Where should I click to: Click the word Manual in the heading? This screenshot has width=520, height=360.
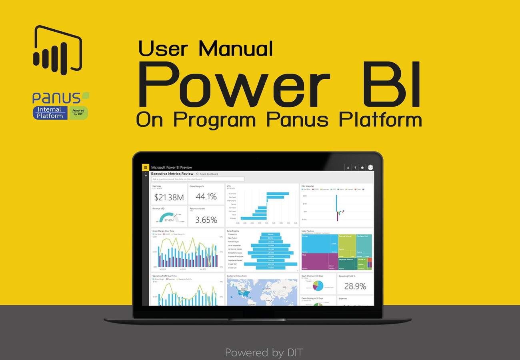[x=236, y=49]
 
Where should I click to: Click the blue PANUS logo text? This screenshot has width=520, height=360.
[x=56, y=98]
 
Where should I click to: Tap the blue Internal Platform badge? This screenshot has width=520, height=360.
[x=50, y=113]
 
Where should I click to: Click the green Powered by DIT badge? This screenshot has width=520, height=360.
[x=78, y=113]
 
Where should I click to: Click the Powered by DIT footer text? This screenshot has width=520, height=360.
[x=264, y=352]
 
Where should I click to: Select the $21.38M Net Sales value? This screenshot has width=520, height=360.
[x=169, y=197]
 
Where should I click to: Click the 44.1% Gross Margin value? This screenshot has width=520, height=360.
[x=206, y=196]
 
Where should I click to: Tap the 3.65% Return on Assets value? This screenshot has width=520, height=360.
[x=206, y=220]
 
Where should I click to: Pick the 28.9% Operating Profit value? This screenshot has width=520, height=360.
[x=355, y=286]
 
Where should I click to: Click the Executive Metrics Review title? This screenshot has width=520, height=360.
[x=172, y=174]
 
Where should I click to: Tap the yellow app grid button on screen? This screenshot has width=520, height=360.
[x=146, y=168]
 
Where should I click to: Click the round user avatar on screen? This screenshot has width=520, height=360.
[x=370, y=168]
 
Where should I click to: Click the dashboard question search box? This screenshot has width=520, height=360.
[x=198, y=179]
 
